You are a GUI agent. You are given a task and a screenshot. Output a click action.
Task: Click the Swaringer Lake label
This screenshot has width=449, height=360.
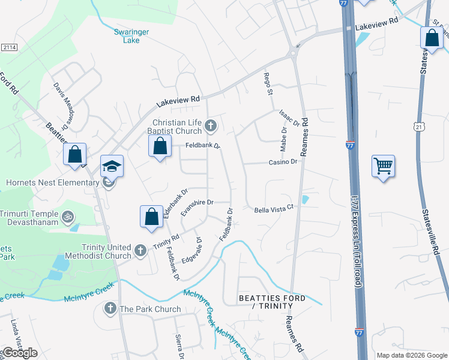(x=127, y=36)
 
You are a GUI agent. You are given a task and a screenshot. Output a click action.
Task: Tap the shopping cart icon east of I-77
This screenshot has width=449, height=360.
(x=383, y=165)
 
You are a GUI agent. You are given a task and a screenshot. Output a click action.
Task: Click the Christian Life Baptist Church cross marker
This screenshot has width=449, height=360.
(x=210, y=126)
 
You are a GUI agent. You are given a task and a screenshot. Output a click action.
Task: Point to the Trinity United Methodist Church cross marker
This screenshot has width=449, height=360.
(x=140, y=251)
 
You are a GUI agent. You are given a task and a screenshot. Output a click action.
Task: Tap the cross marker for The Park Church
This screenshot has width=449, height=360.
(x=110, y=309)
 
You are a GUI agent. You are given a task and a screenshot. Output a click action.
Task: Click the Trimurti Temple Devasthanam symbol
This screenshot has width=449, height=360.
(x=68, y=215)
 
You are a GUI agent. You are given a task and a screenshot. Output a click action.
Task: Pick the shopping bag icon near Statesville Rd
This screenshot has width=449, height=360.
(x=432, y=38)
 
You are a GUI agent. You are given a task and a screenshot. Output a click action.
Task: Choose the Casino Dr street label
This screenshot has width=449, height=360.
(x=283, y=162)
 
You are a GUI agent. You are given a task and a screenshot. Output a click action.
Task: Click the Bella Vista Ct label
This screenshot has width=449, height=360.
(x=273, y=208)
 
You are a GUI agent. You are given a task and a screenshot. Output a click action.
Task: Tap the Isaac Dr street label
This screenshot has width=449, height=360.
(x=289, y=118)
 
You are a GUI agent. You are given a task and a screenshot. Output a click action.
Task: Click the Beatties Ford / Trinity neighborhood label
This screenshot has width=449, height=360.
(x=272, y=302)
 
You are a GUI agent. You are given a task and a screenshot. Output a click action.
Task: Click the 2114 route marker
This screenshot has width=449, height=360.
(x=8, y=47)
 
